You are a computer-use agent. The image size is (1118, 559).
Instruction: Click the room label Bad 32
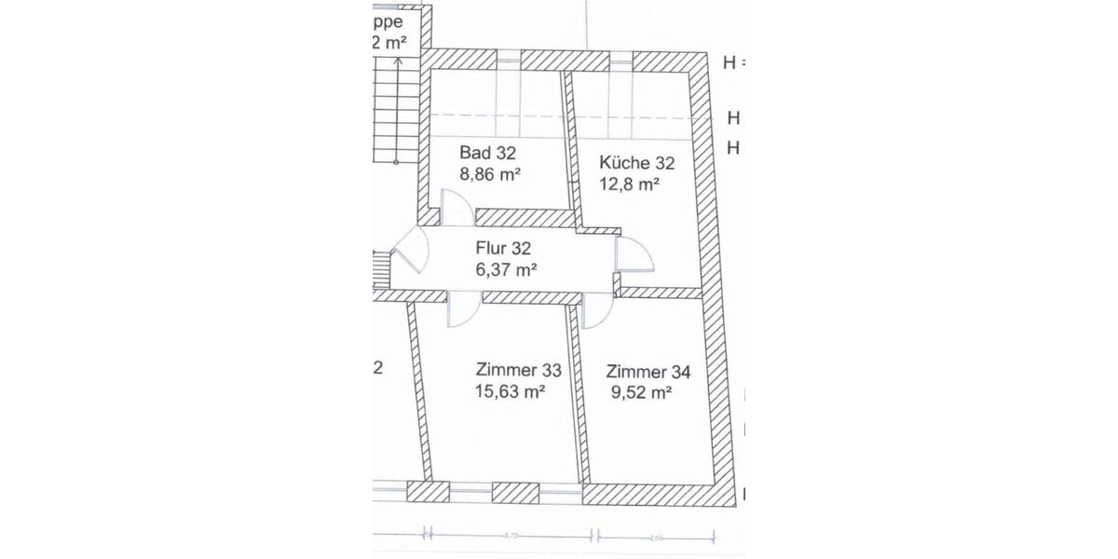[488, 153]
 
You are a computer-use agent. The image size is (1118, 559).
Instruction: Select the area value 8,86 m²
[489, 173]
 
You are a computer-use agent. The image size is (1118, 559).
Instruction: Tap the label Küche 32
[636, 163]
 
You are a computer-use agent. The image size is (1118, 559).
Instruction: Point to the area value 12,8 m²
[629, 184]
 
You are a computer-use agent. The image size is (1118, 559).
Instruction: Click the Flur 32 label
[502, 249]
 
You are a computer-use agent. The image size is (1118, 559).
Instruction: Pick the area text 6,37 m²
[506, 270]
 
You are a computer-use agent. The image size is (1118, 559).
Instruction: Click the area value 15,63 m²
[510, 392]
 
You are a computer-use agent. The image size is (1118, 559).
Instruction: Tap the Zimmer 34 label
[648, 373]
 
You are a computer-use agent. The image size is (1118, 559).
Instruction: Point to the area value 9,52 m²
[641, 393]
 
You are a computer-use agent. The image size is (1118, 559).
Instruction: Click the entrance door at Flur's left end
[408, 252]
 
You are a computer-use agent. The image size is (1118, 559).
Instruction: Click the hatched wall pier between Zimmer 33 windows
[515, 493]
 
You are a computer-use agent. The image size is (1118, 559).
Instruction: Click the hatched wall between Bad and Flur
[525, 218]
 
